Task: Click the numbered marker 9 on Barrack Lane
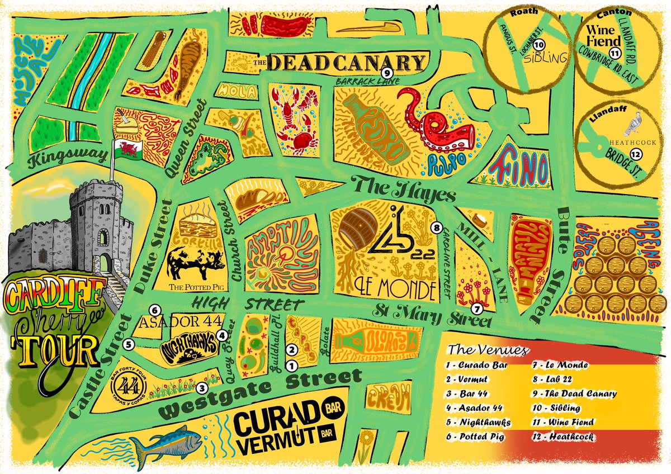[386, 73]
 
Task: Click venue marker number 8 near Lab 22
[437, 227]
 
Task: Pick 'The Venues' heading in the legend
[489, 350]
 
